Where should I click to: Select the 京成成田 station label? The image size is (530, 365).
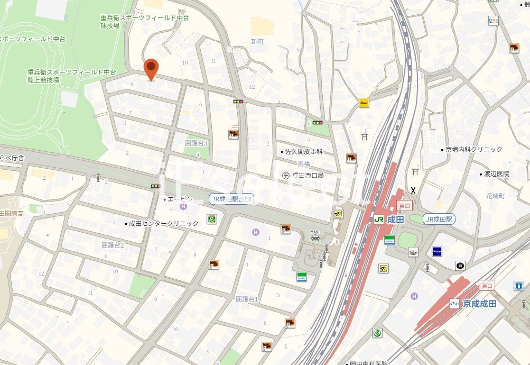click(x=479, y=304)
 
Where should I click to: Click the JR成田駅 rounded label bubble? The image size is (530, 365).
click(x=439, y=219)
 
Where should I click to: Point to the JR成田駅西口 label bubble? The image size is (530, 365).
click(x=231, y=199)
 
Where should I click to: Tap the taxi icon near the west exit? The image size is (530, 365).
click(x=315, y=235)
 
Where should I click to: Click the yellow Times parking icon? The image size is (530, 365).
click(x=364, y=103)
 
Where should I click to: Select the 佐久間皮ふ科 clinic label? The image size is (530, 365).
click(x=303, y=152)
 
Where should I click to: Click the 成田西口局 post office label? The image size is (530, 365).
click(x=305, y=175)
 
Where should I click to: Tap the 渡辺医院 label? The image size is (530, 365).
click(x=496, y=174)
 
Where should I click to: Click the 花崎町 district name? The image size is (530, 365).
click(x=496, y=196)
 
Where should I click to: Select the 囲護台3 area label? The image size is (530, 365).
click(x=197, y=143)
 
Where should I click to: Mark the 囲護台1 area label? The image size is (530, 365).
click(x=247, y=299)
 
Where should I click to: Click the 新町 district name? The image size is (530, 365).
click(x=257, y=41)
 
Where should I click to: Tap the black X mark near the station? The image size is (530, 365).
click(x=413, y=190)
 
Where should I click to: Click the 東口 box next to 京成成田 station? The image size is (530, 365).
click(x=487, y=286)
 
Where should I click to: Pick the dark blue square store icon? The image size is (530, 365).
click(x=437, y=251)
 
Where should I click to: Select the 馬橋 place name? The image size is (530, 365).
click(x=304, y=164)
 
